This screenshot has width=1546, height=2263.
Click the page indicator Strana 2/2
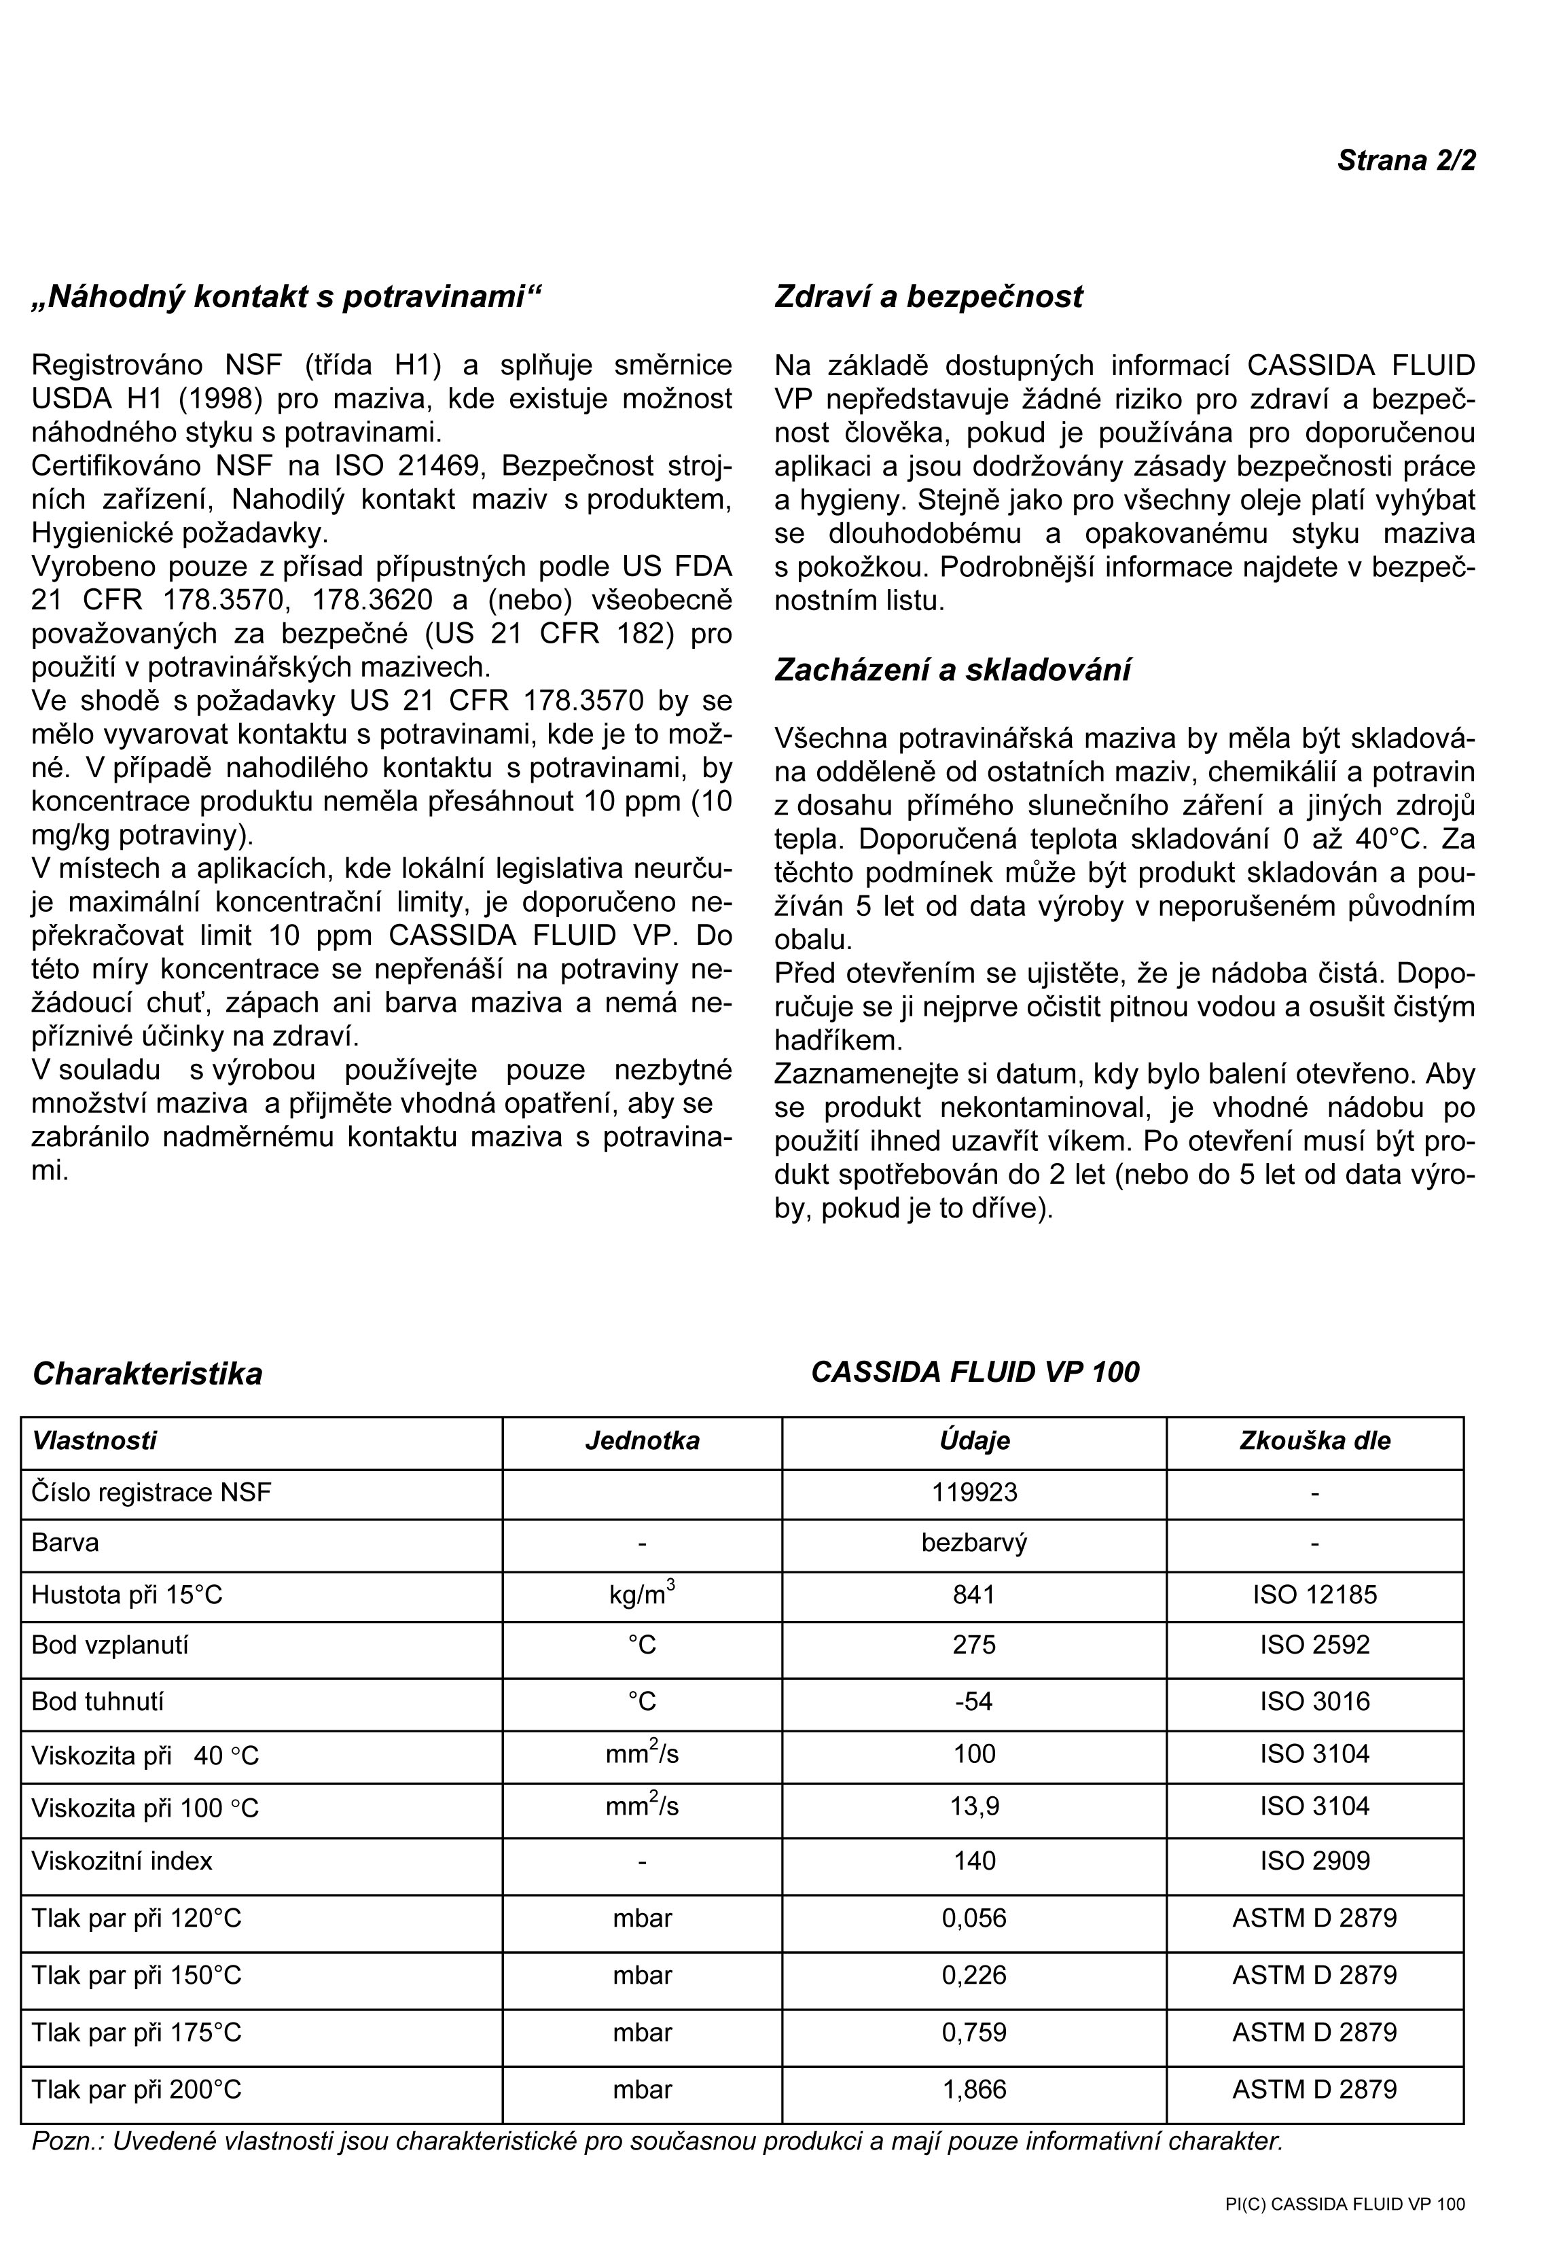click(1406, 160)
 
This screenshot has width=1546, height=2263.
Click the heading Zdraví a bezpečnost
click(928, 297)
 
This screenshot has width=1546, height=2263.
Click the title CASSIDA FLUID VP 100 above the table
click(975, 1372)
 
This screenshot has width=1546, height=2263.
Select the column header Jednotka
click(642, 1441)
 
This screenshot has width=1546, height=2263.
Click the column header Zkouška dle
click(1314, 1441)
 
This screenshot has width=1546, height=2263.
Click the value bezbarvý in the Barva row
click(975, 1544)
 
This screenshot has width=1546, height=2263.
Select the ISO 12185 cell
click(1314, 1595)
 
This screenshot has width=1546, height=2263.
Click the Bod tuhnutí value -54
click(975, 1701)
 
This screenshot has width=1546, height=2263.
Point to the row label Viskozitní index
click(122, 1861)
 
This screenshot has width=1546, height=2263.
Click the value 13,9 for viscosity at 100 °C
click(975, 1806)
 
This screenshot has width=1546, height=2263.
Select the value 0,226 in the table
click(975, 1975)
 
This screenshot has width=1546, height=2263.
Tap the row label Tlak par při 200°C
click(137, 2090)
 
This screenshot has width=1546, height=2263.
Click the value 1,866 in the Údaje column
click(975, 2090)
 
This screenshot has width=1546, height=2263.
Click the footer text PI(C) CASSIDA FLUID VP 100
click(1344, 2205)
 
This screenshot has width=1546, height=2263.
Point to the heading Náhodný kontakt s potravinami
click(286, 297)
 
